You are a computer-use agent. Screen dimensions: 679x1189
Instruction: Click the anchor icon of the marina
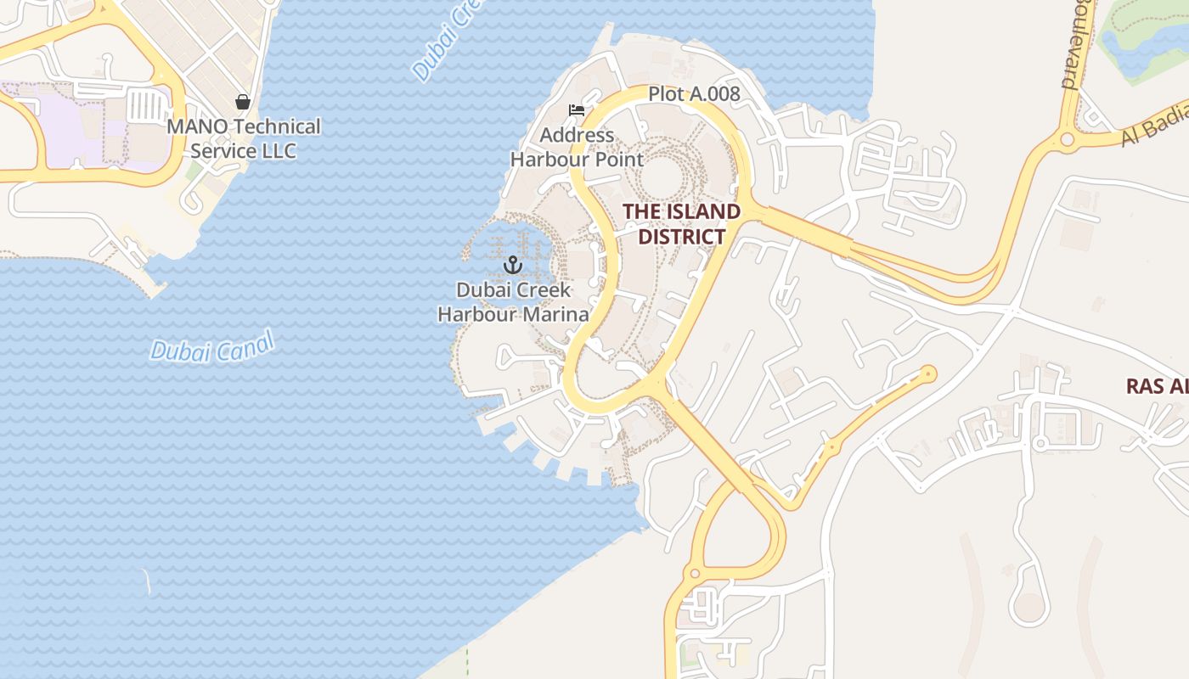512,266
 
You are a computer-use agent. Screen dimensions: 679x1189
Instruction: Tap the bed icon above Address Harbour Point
577,110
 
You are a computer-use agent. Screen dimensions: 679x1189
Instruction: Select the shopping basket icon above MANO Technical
243,102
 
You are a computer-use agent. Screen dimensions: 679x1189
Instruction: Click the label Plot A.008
694,94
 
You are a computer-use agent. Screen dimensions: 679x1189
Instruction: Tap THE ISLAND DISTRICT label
681,224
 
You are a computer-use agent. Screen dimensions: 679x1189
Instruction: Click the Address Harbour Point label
577,147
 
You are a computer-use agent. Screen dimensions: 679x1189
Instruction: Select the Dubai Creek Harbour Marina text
513,302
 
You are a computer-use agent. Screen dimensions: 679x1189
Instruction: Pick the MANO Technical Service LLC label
244,138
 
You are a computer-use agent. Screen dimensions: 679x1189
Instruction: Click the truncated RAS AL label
1157,386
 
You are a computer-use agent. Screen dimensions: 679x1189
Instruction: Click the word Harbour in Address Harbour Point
551,159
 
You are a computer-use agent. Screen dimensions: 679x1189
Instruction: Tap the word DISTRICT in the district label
681,236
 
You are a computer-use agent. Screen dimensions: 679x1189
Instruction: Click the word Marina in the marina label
555,314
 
